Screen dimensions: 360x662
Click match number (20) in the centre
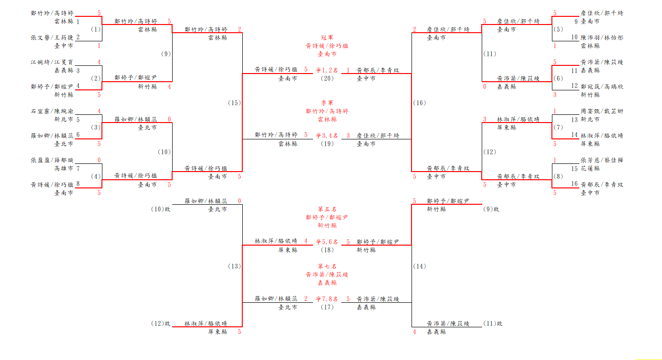[327, 78]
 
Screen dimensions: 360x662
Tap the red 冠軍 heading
[327, 37]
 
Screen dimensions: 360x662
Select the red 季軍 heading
[327, 103]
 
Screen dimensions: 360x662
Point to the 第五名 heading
[327, 209]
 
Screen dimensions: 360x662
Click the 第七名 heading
[327, 266]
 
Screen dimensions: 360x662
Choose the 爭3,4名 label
[327, 136]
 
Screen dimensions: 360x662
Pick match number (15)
[235, 103]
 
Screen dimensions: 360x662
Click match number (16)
[419, 103]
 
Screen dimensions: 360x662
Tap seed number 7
[78, 169]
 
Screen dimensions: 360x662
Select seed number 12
[574, 87]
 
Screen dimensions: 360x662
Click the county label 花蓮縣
[590, 169]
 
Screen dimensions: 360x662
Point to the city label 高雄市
[64, 169]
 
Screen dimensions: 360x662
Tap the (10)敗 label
[161, 209]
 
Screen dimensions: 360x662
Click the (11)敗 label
[493, 323]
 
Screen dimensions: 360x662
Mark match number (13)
[235, 266]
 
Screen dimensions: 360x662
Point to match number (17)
[327, 307]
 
